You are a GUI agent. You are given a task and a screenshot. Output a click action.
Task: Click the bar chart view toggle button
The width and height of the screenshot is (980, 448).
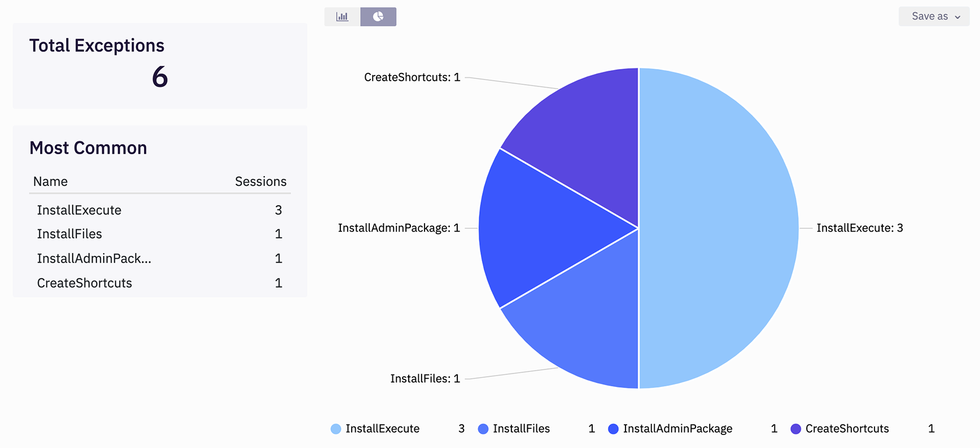pyautogui.click(x=342, y=17)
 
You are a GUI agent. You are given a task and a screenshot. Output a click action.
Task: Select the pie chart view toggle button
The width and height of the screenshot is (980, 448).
pyautogui.click(x=378, y=17)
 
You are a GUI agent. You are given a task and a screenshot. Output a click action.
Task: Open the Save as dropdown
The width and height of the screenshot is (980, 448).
pyautogui.click(x=934, y=16)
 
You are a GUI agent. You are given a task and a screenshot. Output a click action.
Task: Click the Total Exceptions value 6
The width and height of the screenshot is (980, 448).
pyautogui.click(x=160, y=77)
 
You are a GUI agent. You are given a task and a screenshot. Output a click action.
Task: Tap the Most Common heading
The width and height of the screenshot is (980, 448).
pyautogui.click(x=88, y=148)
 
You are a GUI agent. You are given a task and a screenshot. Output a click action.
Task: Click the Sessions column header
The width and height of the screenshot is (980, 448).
pyautogui.click(x=260, y=181)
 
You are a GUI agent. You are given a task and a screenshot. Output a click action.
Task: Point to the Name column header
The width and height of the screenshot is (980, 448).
pyautogui.click(x=50, y=181)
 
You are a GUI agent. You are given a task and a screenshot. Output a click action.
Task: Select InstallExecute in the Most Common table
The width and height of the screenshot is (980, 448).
pyautogui.click(x=79, y=210)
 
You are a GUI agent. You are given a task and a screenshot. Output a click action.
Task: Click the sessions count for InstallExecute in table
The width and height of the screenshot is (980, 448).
pyautogui.click(x=278, y=210)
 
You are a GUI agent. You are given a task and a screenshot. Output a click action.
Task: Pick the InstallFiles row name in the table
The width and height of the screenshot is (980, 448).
pyautogui.click(x=69, y=234)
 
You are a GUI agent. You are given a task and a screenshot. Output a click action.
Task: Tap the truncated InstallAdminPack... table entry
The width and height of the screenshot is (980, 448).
pyautogui.click(x=94, y=259)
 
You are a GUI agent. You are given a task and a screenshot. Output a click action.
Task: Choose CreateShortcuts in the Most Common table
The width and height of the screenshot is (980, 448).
pyautogui.click(x=84, y=283)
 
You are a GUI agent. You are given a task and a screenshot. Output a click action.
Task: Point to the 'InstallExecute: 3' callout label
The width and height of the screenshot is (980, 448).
pyautogui.click(x=859, y=228)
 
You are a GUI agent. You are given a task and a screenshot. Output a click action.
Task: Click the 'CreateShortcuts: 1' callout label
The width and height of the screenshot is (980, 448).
pyautogui.click(x=412, y=77)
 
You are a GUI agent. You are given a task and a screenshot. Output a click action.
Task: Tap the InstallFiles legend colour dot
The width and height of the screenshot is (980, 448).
pyautogui.click(x=483, y=429)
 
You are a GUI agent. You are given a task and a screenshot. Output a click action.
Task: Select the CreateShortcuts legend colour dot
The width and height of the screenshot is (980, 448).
pyautogui.click(x=796, y=429)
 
